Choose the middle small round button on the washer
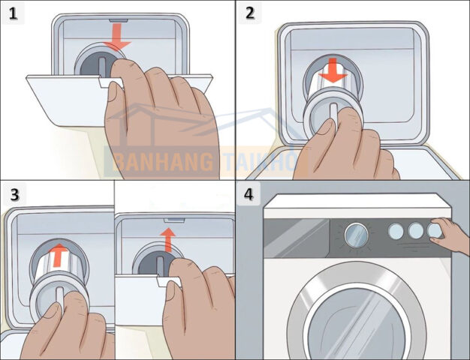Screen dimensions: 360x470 coord(415,231)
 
